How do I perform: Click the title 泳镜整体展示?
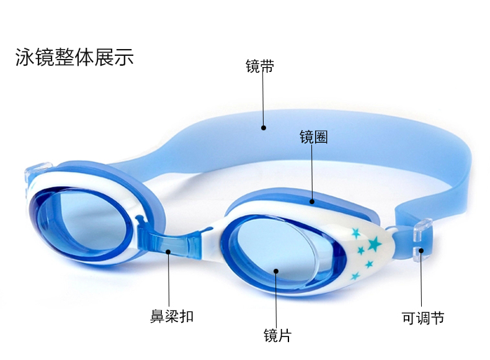(74, 57)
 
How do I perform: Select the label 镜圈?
(313, 137)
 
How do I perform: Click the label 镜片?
(277, 336)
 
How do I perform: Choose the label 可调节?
(423, 318)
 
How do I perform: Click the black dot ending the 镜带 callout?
(264, 128)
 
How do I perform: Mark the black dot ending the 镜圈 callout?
(313, 200)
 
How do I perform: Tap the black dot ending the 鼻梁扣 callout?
(169, 251)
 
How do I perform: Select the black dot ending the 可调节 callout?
(421, 251)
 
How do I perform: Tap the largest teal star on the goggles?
(374, 244)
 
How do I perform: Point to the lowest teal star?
(355, 276)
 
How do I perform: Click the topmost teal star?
(356, 233)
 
